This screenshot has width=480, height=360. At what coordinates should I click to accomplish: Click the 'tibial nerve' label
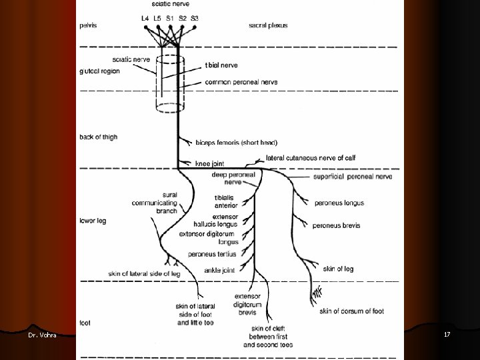(221, 65)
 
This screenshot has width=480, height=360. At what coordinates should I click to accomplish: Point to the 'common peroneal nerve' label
(241, 82)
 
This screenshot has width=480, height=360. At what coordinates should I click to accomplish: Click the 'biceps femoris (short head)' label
(236, 142)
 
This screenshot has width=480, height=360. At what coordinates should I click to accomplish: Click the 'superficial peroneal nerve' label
(352, 177)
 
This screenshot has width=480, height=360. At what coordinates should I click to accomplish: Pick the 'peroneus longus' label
(339, 203)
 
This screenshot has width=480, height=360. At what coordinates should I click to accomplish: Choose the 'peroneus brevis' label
(337, 225)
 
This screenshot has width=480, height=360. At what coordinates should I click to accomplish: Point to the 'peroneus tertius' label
(212, 254)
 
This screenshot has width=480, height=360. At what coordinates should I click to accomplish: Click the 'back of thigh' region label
(98, 137)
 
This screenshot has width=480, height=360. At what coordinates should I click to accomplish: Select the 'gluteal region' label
(99, 71)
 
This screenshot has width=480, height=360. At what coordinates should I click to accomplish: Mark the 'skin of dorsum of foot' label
(351, 310)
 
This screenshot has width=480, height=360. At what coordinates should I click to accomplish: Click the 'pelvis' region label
(89, 26)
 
